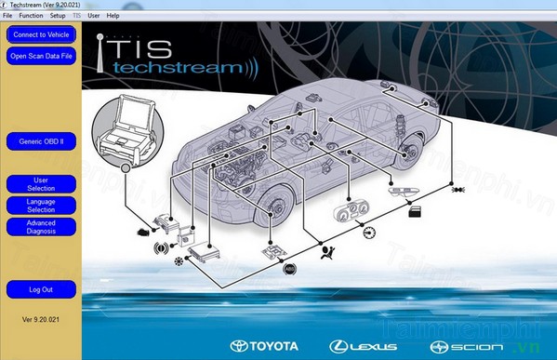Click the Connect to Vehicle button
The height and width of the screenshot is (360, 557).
[40, 35]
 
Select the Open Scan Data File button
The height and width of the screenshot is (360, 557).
[40, 56]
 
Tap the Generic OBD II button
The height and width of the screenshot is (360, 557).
[40, 143]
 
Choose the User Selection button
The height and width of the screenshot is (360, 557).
[40, 183]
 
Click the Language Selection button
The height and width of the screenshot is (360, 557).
[40, 206]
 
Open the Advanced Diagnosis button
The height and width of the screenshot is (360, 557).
[40, 226]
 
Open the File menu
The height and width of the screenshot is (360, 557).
[7, 16]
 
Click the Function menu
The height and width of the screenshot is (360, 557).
[31, 16]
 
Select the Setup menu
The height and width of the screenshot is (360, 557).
[58, 16]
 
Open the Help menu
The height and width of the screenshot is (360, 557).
[113, 16]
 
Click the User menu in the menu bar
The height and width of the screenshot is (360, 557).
[94, 16]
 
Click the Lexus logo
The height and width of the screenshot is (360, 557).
[364, 347]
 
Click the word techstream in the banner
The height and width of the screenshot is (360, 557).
[176, 69]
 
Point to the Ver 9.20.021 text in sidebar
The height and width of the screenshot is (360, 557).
[40, 319]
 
